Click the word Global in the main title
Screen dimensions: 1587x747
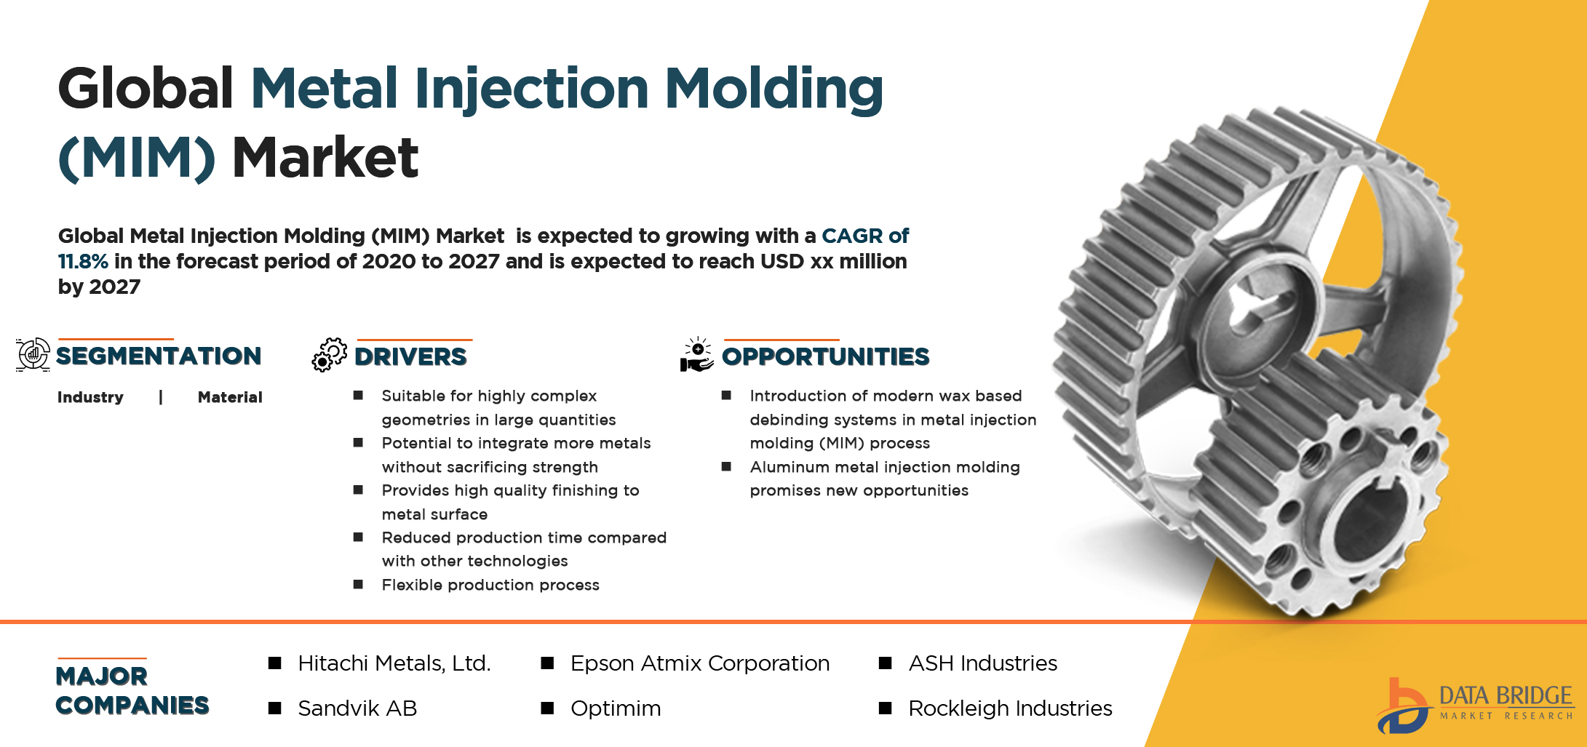click(146, 88)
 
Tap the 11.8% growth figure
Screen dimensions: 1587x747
click(83, 261)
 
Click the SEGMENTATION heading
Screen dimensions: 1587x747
click(159, 356)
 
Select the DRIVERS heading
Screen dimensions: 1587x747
click(410, 356)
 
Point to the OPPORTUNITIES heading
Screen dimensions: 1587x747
click(826, 356)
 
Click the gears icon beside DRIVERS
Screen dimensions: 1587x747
click(330, 355)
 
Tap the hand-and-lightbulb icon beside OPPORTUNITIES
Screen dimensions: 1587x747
click(697, 354)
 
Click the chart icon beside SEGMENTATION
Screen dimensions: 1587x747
click(33, 355)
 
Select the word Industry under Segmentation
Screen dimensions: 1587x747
click(90, 397)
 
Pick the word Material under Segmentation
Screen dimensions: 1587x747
click(230, 397)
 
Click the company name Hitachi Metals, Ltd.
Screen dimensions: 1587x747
click(394, 663)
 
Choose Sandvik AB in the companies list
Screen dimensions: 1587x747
click(357, 708)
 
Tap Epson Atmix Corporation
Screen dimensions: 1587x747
click(700, 663)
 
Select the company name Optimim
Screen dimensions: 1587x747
click(616, 708)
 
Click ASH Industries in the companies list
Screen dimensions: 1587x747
click(983, 663)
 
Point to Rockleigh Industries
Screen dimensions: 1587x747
click(1011, 708)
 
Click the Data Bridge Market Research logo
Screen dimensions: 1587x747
click(1476, 706)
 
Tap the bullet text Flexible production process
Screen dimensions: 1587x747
click(490, 585)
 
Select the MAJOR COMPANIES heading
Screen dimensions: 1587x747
click(132, 690)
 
